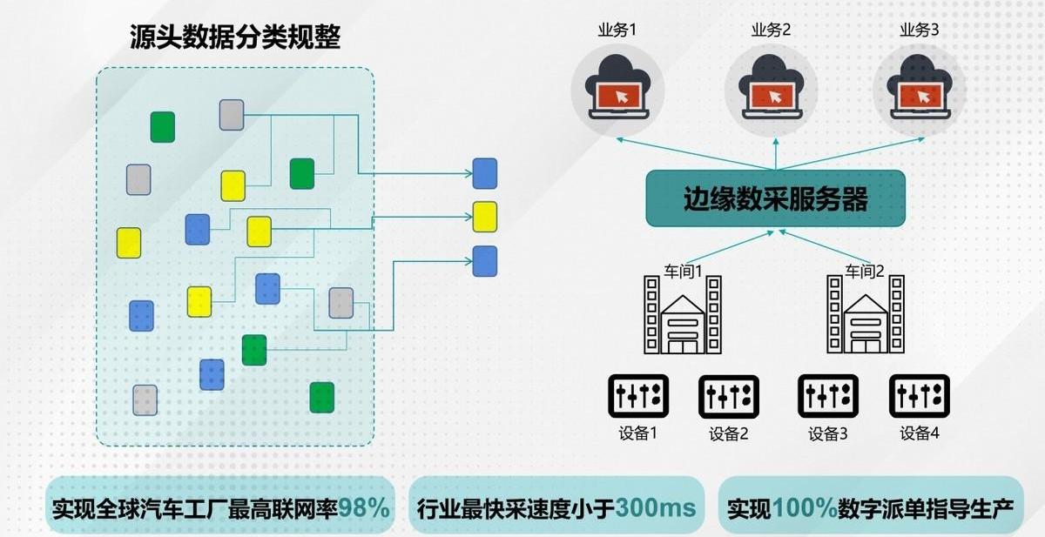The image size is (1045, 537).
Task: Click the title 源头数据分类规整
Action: click(235, 37)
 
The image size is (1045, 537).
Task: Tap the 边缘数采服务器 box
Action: click(775, 198)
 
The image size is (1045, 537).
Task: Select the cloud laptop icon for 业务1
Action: click(617, 89)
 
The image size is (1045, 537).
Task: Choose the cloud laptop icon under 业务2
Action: click(771, 89)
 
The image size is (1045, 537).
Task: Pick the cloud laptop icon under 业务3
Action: click(919, 89)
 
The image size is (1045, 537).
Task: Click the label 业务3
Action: click(919, 30)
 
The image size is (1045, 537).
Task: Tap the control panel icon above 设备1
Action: click(637, 396)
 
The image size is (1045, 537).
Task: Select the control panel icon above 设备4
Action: click(919, 396)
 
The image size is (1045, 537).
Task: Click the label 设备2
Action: click(729, 433)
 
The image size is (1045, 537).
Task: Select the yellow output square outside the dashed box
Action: click(485, 217)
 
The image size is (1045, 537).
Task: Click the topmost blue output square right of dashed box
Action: click(485, 173)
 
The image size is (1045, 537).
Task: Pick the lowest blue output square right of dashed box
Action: click(485, 261)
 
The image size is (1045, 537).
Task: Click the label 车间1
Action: click(684, 270)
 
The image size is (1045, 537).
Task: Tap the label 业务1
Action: click(617, 30)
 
